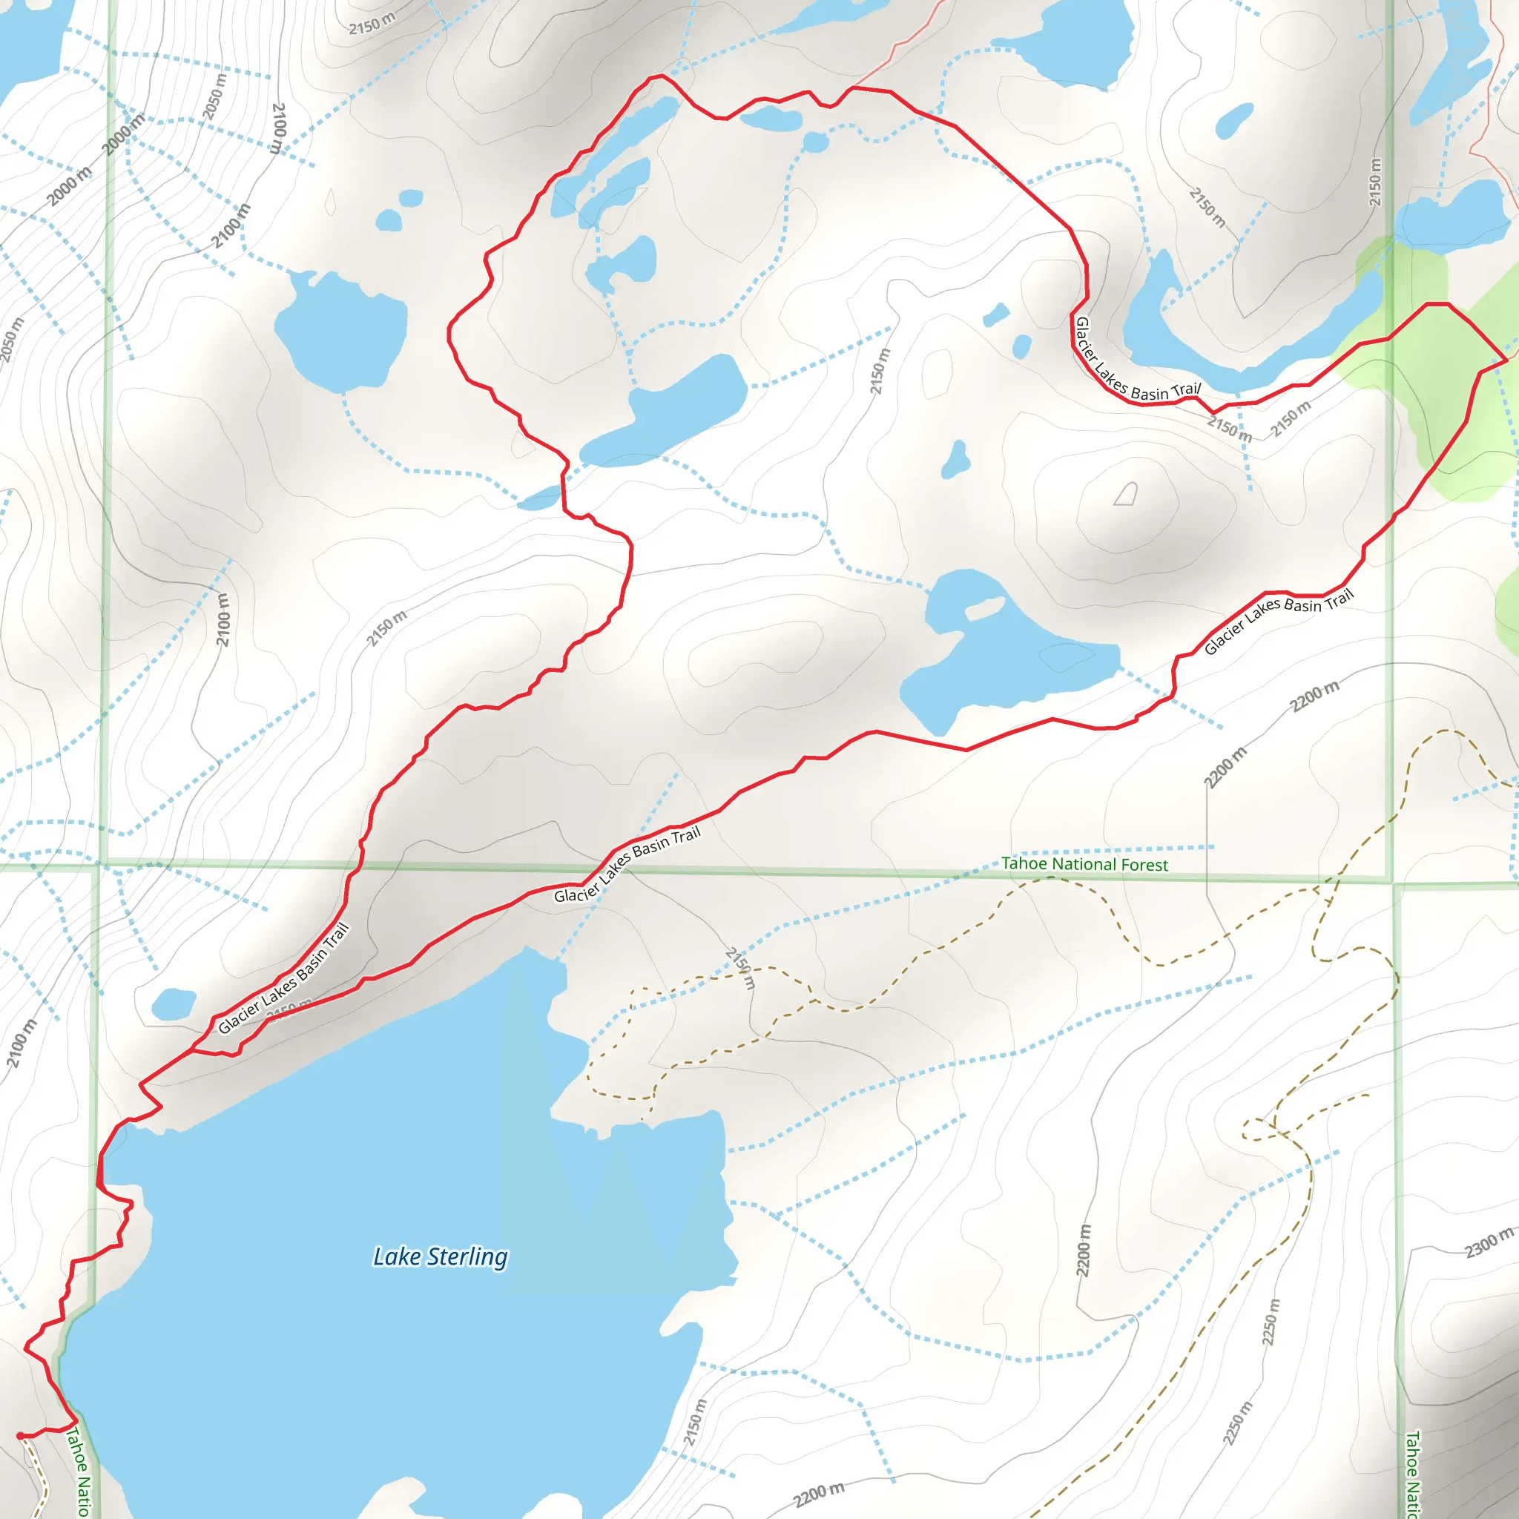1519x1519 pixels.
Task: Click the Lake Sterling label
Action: click(441, 1256)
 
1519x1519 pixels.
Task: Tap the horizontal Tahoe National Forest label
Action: click(1084, 864)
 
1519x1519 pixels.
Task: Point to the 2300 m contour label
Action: click(1489, 1243)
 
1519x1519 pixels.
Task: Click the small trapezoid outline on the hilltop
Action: click(1126, 494)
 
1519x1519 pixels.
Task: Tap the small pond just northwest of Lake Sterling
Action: click(174, 1004)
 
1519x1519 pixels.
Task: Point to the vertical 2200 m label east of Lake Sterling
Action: click(1084, 1250)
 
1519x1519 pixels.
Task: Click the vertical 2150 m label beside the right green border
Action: click(1374, 182)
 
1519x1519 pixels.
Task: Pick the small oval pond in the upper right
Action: click(1234, 120)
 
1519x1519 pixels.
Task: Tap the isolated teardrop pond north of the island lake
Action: click(956, 460)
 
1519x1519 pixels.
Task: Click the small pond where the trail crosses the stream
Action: click(539, 498)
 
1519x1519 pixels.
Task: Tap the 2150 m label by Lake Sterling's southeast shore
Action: click(694, 1422)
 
